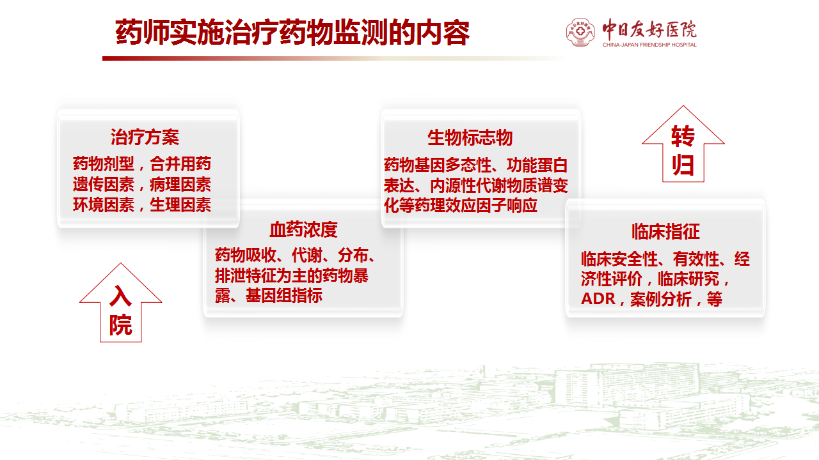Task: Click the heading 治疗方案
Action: tap(145, 137)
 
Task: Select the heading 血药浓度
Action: tap(303, 229)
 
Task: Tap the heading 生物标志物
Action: tap(470, 137)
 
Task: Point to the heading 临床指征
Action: tap(665, 231)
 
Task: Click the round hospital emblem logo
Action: tap(580, 32)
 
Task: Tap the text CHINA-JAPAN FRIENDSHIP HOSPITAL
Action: tap(649, 45)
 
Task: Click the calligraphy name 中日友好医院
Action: tap(649, 29)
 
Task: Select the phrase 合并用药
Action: tap(180, 164)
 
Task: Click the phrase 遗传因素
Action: tap(104, 185)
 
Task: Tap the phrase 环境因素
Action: tap(104, 205)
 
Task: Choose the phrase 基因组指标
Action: tap(283, 296)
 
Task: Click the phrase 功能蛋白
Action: tap(537, 165)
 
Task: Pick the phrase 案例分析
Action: tap(661, 300)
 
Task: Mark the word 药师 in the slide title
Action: tap(143, 33)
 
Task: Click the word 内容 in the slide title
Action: tap(443, 33)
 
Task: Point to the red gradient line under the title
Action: tap(333, 58)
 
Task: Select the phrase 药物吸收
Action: tap(245, 255)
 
